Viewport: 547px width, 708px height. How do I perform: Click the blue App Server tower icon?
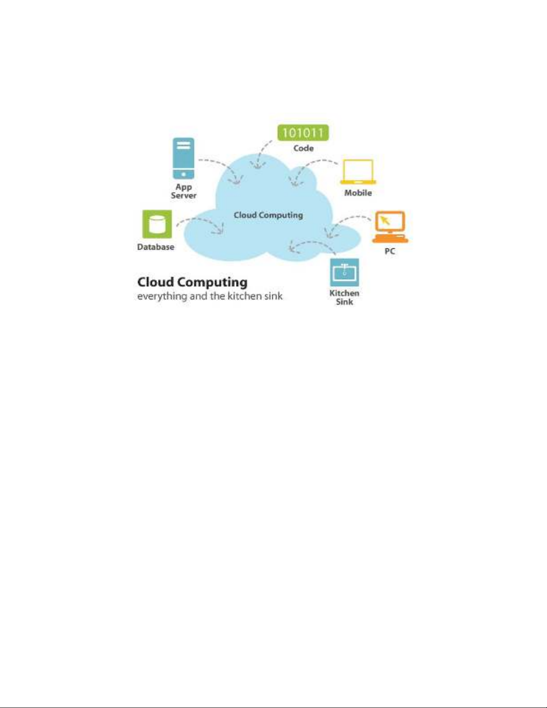184,158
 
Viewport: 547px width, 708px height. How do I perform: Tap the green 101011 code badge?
303,133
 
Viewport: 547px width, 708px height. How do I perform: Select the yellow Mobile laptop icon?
358,172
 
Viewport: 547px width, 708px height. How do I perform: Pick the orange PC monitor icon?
390,227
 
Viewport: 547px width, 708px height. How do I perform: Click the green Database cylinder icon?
157,224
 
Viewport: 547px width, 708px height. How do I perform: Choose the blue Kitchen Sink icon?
344,272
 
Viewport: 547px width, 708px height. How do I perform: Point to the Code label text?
304,148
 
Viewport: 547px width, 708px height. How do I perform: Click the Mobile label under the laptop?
358,193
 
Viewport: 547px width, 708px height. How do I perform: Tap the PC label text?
390,251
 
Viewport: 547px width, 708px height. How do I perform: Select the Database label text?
156,247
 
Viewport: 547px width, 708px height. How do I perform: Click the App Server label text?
184,191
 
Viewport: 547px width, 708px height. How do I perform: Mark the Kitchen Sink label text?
344,297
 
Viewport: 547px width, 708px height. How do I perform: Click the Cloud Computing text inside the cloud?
268,215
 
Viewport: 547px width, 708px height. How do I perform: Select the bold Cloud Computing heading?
192,282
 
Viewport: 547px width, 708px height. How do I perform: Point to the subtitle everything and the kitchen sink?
210,296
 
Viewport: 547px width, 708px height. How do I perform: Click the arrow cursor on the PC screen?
385,220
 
